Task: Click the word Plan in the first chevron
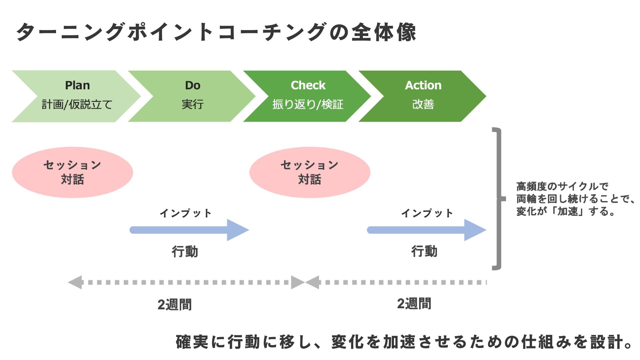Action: (x=77, y=85)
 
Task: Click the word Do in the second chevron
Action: (x=193, y=85)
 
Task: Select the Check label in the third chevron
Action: (x=308, y=85)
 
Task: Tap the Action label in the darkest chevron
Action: (x=423, y=85)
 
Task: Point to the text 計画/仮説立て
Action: (x=77, y=104)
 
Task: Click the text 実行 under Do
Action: (x=193, y=104)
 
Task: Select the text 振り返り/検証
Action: (x=308, y=104)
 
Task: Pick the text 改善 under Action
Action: (x=423, y=104)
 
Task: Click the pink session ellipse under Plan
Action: (x=72, y=172)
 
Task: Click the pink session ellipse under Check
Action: (x=310, y=172)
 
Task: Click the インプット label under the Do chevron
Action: (x=185, y=213)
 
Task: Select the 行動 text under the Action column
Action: (x=424, y=251)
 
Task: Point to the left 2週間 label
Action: (x=175, y=304)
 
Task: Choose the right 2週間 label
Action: (x=414, y=303)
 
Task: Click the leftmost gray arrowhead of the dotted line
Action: (x=75, y=282)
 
